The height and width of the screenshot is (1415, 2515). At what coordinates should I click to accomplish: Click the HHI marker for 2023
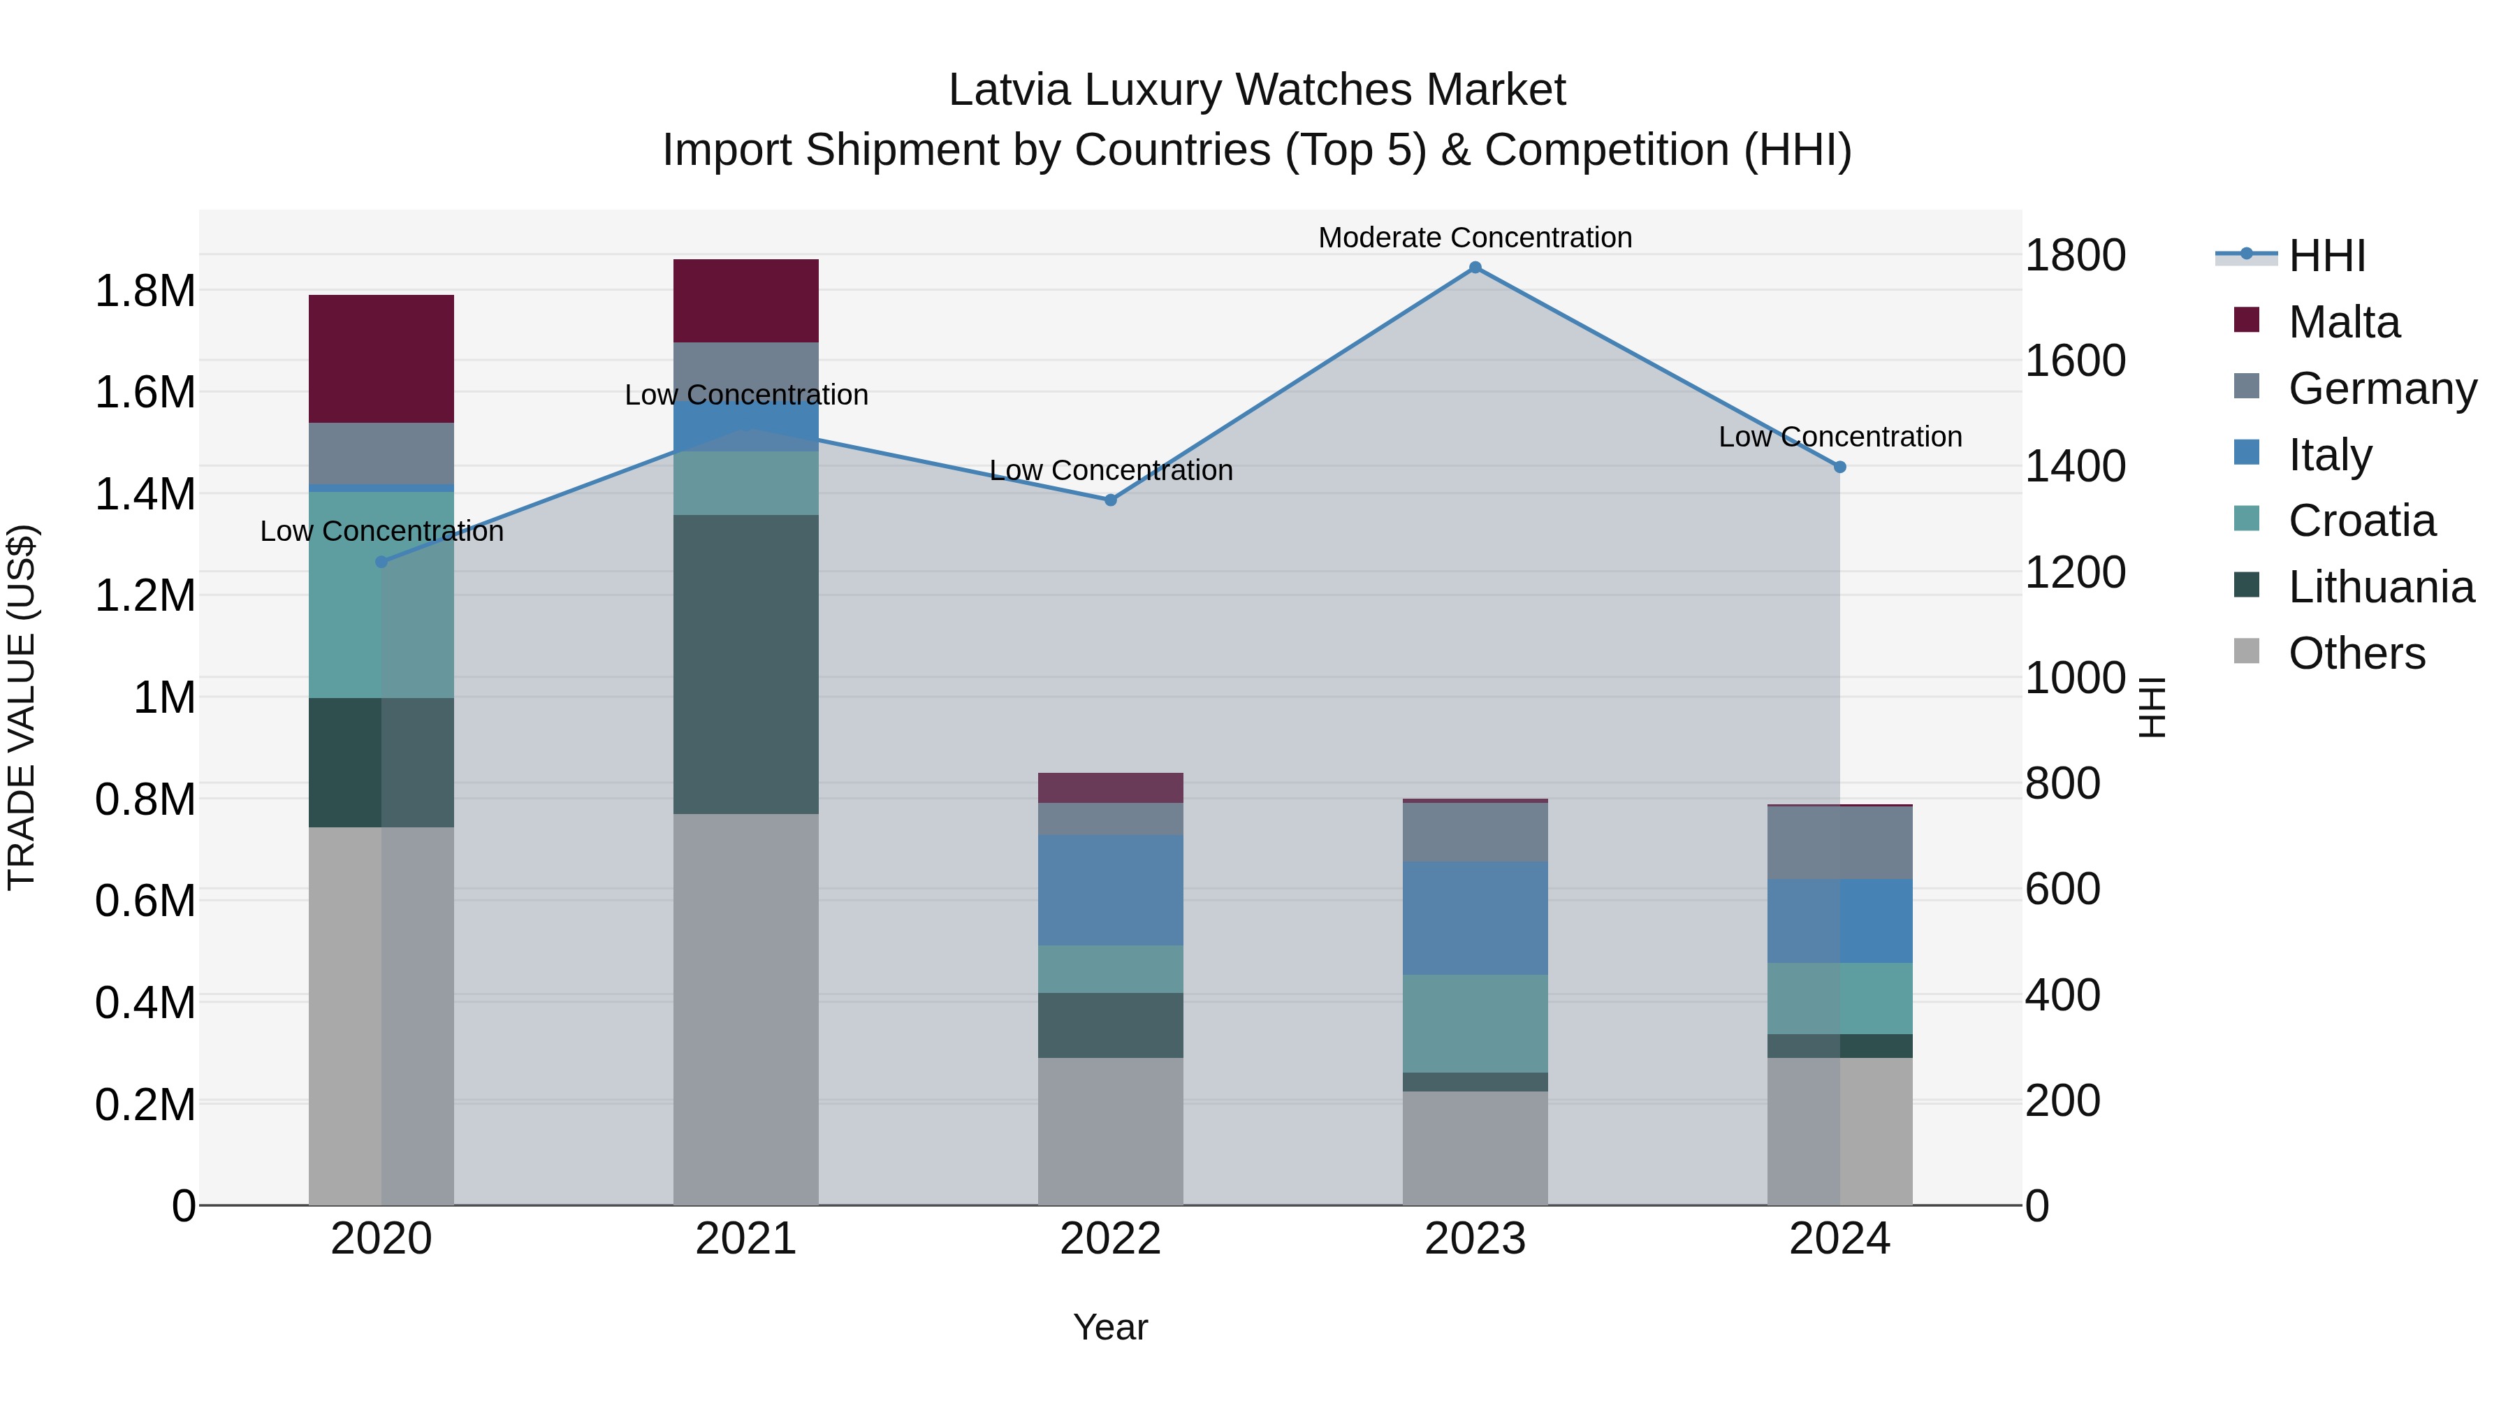pyautogui.click(x=1474, y=268)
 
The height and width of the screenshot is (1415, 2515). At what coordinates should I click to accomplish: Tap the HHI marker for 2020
pyautogui.click(x=381, y=562)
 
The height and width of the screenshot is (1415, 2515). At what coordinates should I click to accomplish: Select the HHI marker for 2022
pyautogui.click(x=1110, y=500)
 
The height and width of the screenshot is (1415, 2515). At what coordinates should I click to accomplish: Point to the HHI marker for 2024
pyautogui.click(x=1839, y=467)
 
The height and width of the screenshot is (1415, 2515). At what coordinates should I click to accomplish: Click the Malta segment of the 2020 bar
pyautogui.click(x=381, y=358)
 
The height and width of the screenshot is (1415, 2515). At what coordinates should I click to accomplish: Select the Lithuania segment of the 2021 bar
pyautogui.click(x=746, y=664)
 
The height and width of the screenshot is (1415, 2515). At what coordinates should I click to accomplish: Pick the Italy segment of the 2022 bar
pyautogui.click(x=1110, y=890)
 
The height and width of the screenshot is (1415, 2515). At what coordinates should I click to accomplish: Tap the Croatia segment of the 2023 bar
pyautogui.click(x=1474, y=1024)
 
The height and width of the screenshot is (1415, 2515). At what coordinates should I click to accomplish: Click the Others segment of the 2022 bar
pyautogui.click(x=1110, y=1131)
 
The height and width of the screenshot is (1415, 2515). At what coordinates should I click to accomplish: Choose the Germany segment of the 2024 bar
pyautogui.click(x=1839, y=843)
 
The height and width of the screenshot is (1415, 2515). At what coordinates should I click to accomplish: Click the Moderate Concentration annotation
pyautogui.click(x=1474, y=238)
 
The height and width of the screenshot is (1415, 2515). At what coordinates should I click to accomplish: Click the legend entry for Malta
pyautogui.click(x=2343, y=322)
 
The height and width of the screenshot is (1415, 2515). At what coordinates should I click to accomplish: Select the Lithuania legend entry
pyautogui.click(x=2380, y=587)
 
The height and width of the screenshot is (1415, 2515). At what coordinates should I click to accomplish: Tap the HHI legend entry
pyautogui.click(x=2326, y=256)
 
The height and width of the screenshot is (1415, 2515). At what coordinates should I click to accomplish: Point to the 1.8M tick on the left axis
pyautogui.click(x=145, y=291)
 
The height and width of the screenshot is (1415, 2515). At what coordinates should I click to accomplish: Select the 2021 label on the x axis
pyautogui.click(x=746, y=1239)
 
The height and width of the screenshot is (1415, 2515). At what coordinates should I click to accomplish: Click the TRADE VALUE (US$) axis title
pyautogui.click(x=22, y=707)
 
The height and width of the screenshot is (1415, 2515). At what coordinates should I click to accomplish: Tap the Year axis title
pyautogui.click(x=1110, y=1327)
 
